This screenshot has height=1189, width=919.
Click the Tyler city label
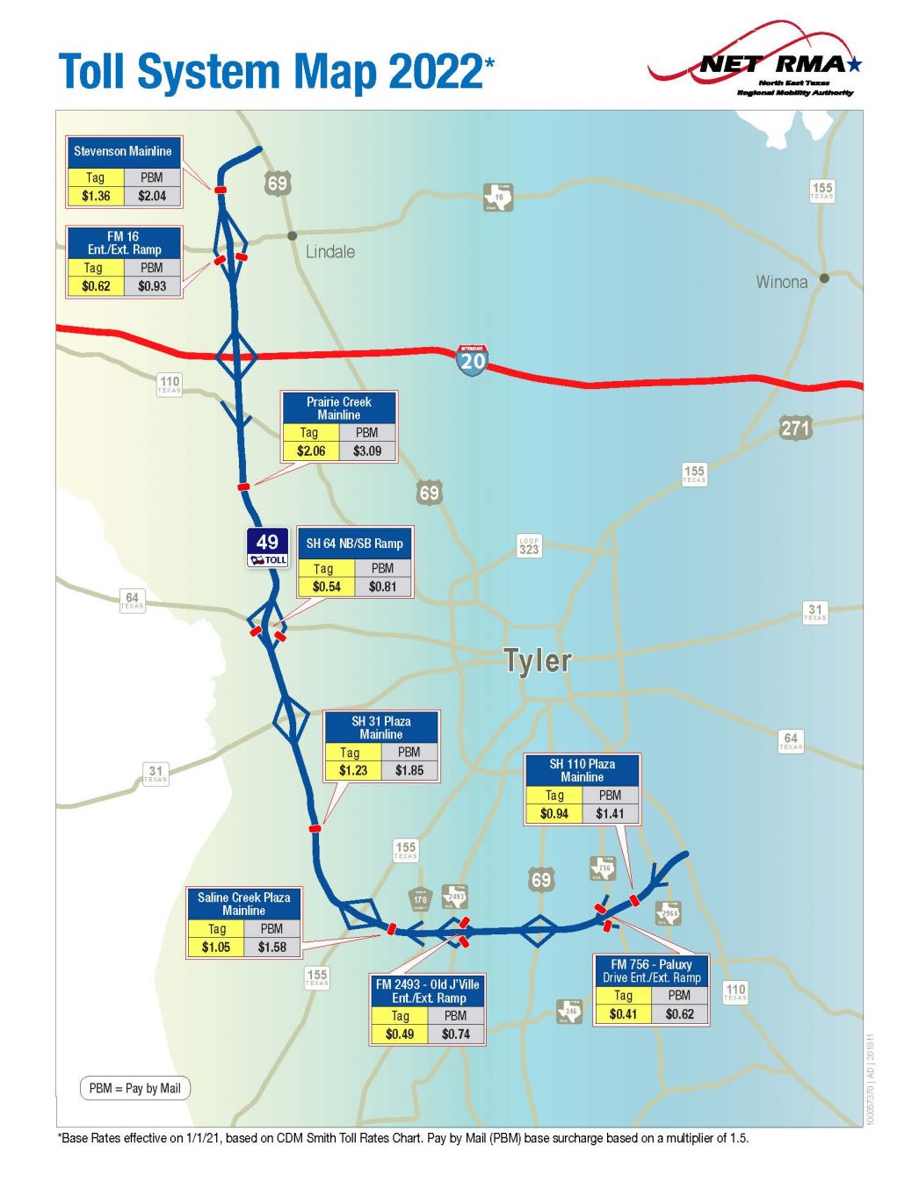pos(538,660)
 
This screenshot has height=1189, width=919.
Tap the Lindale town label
pos(330,252)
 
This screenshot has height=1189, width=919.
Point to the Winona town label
pos(781,282)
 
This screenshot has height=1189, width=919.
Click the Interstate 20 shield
pos(472,359)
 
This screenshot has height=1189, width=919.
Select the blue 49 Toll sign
pos(267,549)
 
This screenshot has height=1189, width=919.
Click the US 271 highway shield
pos(795,429)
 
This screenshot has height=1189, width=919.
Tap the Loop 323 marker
pos(529,546)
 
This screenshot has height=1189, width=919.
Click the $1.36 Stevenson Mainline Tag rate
pos(96,196)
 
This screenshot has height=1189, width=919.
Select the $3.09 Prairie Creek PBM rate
pos(367,451)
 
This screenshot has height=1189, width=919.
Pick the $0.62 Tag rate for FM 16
pos(96,286)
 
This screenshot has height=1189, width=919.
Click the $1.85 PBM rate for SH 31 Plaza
pos(409,771)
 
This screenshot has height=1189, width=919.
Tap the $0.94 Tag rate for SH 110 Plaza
pos(554,814)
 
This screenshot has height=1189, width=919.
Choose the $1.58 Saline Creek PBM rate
pos(272,948)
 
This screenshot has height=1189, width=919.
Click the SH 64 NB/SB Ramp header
pos(355,544)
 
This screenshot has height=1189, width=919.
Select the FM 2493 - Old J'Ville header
pos(428,991)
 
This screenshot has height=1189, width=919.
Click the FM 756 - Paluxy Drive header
pos(651,970)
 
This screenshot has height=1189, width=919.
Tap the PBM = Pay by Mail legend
pos(135,1089)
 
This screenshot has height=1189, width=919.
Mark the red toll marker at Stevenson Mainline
pos(220,190)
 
